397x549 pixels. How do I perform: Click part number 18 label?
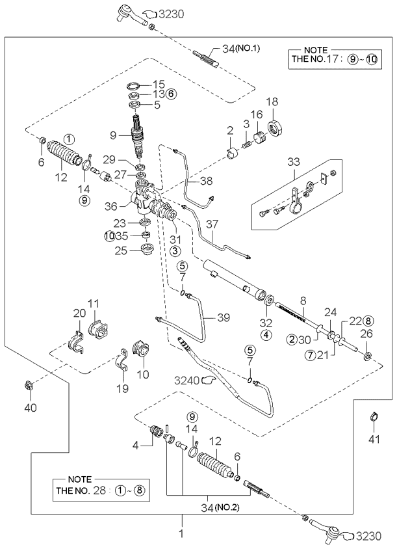(x=271, y=101)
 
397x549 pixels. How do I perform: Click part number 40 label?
(x=31, y=408)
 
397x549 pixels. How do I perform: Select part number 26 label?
(x=366, y=334)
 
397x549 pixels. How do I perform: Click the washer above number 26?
(x=367, y=356)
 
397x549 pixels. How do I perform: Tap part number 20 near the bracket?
(x=78, y=313)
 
